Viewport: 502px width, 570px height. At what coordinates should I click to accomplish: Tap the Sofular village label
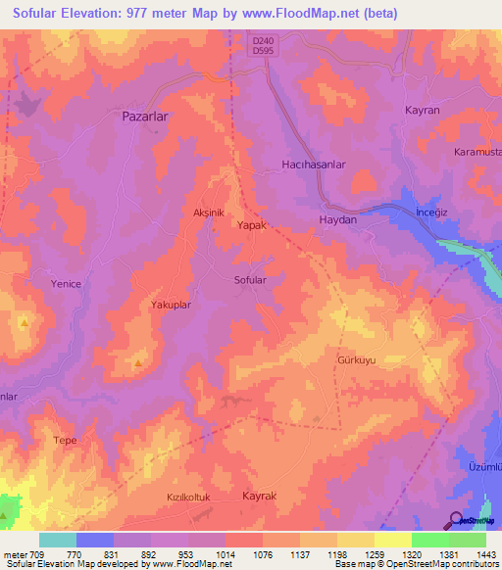(250, 280)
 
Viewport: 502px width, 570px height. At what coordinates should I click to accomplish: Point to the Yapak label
(253, 224)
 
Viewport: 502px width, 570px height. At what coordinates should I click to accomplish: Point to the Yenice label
(66, 284)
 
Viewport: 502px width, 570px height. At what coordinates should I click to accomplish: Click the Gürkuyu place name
(356, 360)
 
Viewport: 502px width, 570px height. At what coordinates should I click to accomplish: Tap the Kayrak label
(260, 497)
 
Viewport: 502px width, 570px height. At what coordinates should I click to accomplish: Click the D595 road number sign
(261, 52)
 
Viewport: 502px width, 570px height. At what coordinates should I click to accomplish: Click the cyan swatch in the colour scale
(58, 540)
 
